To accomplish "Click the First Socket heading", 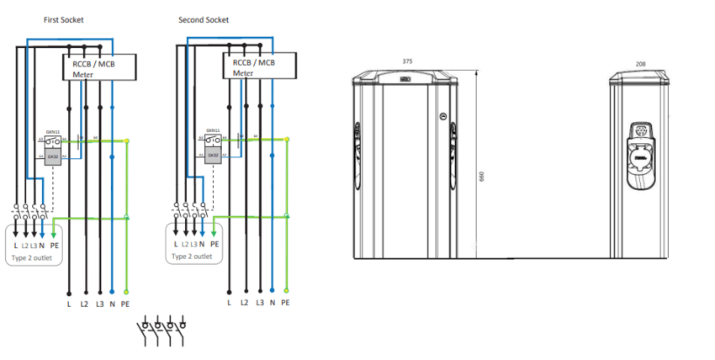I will coord(63,19).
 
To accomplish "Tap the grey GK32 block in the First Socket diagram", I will coord(52,156).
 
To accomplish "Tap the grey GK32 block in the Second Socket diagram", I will coord(213,155).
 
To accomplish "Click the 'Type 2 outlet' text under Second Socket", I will coord(192,257).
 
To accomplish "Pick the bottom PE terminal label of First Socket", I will coord(125,300).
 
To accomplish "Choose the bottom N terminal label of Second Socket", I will coord(273,300).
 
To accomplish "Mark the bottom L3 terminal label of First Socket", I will coord(99,300).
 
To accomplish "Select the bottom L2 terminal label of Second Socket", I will coord(244,300).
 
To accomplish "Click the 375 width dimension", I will coord(407,61).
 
